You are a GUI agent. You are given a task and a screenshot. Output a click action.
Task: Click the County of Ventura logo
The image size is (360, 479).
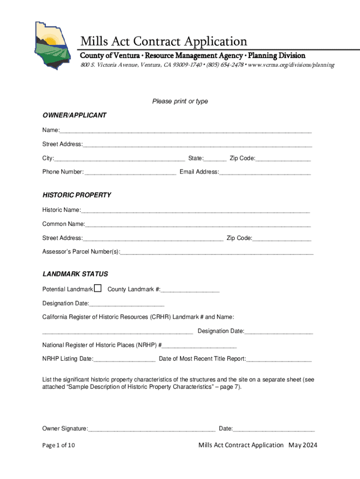point(51,45)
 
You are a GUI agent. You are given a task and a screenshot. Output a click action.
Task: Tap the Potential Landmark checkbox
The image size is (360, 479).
point(98,288)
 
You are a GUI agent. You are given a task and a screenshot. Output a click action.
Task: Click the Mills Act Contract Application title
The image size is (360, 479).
point(164,41)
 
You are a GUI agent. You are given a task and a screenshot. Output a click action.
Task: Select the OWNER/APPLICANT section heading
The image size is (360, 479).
point(74,115)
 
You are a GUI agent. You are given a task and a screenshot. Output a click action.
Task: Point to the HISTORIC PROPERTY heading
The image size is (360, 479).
point(77,195)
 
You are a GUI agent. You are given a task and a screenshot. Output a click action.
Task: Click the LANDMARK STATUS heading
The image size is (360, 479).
point(75,274)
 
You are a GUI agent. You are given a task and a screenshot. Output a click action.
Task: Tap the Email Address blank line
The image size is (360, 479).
point(265,173)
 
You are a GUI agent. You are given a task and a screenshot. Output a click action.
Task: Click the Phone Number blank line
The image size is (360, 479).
point(131,173)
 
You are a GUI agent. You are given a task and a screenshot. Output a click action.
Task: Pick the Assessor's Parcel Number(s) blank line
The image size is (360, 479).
point(216,253)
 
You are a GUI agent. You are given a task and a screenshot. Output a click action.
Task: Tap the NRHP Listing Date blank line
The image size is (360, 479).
point(124,360)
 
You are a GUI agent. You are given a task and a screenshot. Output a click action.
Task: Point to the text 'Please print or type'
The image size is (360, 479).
point(180,102)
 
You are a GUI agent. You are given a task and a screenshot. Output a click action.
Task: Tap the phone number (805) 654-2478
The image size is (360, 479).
point(225,65)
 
